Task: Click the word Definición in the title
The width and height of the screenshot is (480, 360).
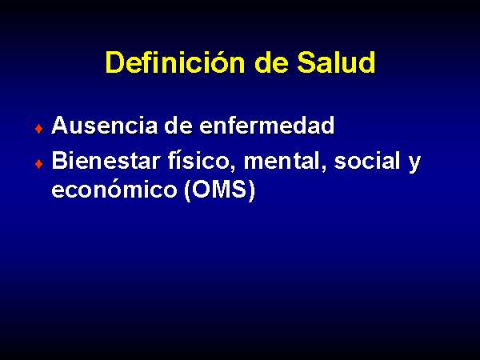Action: (175, 62)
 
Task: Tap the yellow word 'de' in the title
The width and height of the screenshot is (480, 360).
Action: (271, 62)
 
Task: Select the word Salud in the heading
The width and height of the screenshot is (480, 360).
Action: (336, 62)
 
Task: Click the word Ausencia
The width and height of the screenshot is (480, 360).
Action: (105, 126)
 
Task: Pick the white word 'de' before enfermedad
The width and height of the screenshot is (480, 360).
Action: (178, 126)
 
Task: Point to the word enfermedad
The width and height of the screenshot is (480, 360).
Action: (266, 126)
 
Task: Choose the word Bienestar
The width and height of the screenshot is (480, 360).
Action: (106, 161)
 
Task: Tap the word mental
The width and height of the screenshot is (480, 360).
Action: (282, 161)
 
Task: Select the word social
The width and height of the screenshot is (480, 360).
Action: (367, 161)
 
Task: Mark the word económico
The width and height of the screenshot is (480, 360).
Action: (114, 189)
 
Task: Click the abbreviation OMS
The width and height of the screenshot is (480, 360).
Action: (219, 189)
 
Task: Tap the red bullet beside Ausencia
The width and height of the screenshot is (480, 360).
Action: (39, 129)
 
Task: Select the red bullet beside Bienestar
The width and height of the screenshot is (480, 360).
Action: (39, 164)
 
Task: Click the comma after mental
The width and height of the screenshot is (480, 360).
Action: (323, 168)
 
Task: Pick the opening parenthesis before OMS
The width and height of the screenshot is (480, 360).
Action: (188, 190)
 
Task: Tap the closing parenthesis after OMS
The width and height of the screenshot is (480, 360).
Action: (251, 190)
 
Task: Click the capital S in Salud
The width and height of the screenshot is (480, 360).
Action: (307, 62)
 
